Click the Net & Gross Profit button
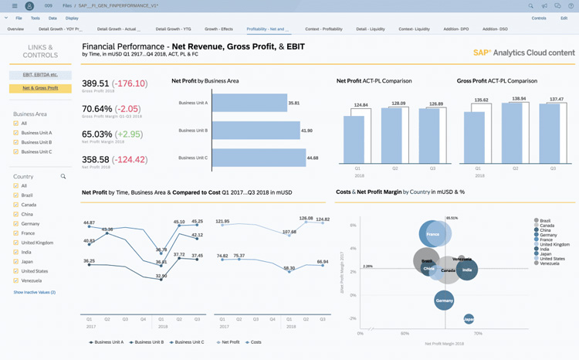[x=40, y=88]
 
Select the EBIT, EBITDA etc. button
[x=40, y=75]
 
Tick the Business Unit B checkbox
[x=16, y=142]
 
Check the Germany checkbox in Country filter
[x=16, y=224]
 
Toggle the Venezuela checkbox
[x=16, y=281]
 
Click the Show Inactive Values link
[x=34, y=293]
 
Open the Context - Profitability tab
[x=323, y=29]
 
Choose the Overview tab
[x=15, y=29]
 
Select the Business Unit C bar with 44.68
[x=258, y=158]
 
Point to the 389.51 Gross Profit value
[x=96, y=83]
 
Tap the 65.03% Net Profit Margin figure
[x=96, y=134]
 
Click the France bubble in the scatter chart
[x=435, y=234]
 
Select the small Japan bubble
[x=468, y=319]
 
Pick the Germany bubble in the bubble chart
[x=444, y=300]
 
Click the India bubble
[x=466, y=270]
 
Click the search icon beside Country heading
[x=63, y=177]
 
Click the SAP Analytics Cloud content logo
[x=523, y=53]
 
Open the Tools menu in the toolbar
[x=35, y=18]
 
